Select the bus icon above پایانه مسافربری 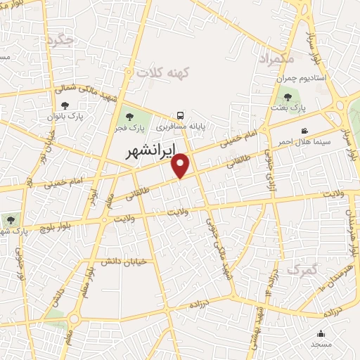point(181,116)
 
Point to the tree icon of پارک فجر point(128,117)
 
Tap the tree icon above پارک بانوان point(65,105)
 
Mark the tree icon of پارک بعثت point(287,96)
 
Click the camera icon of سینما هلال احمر point(304,131)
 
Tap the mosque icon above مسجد point(322,333)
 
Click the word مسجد point(322,345)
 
